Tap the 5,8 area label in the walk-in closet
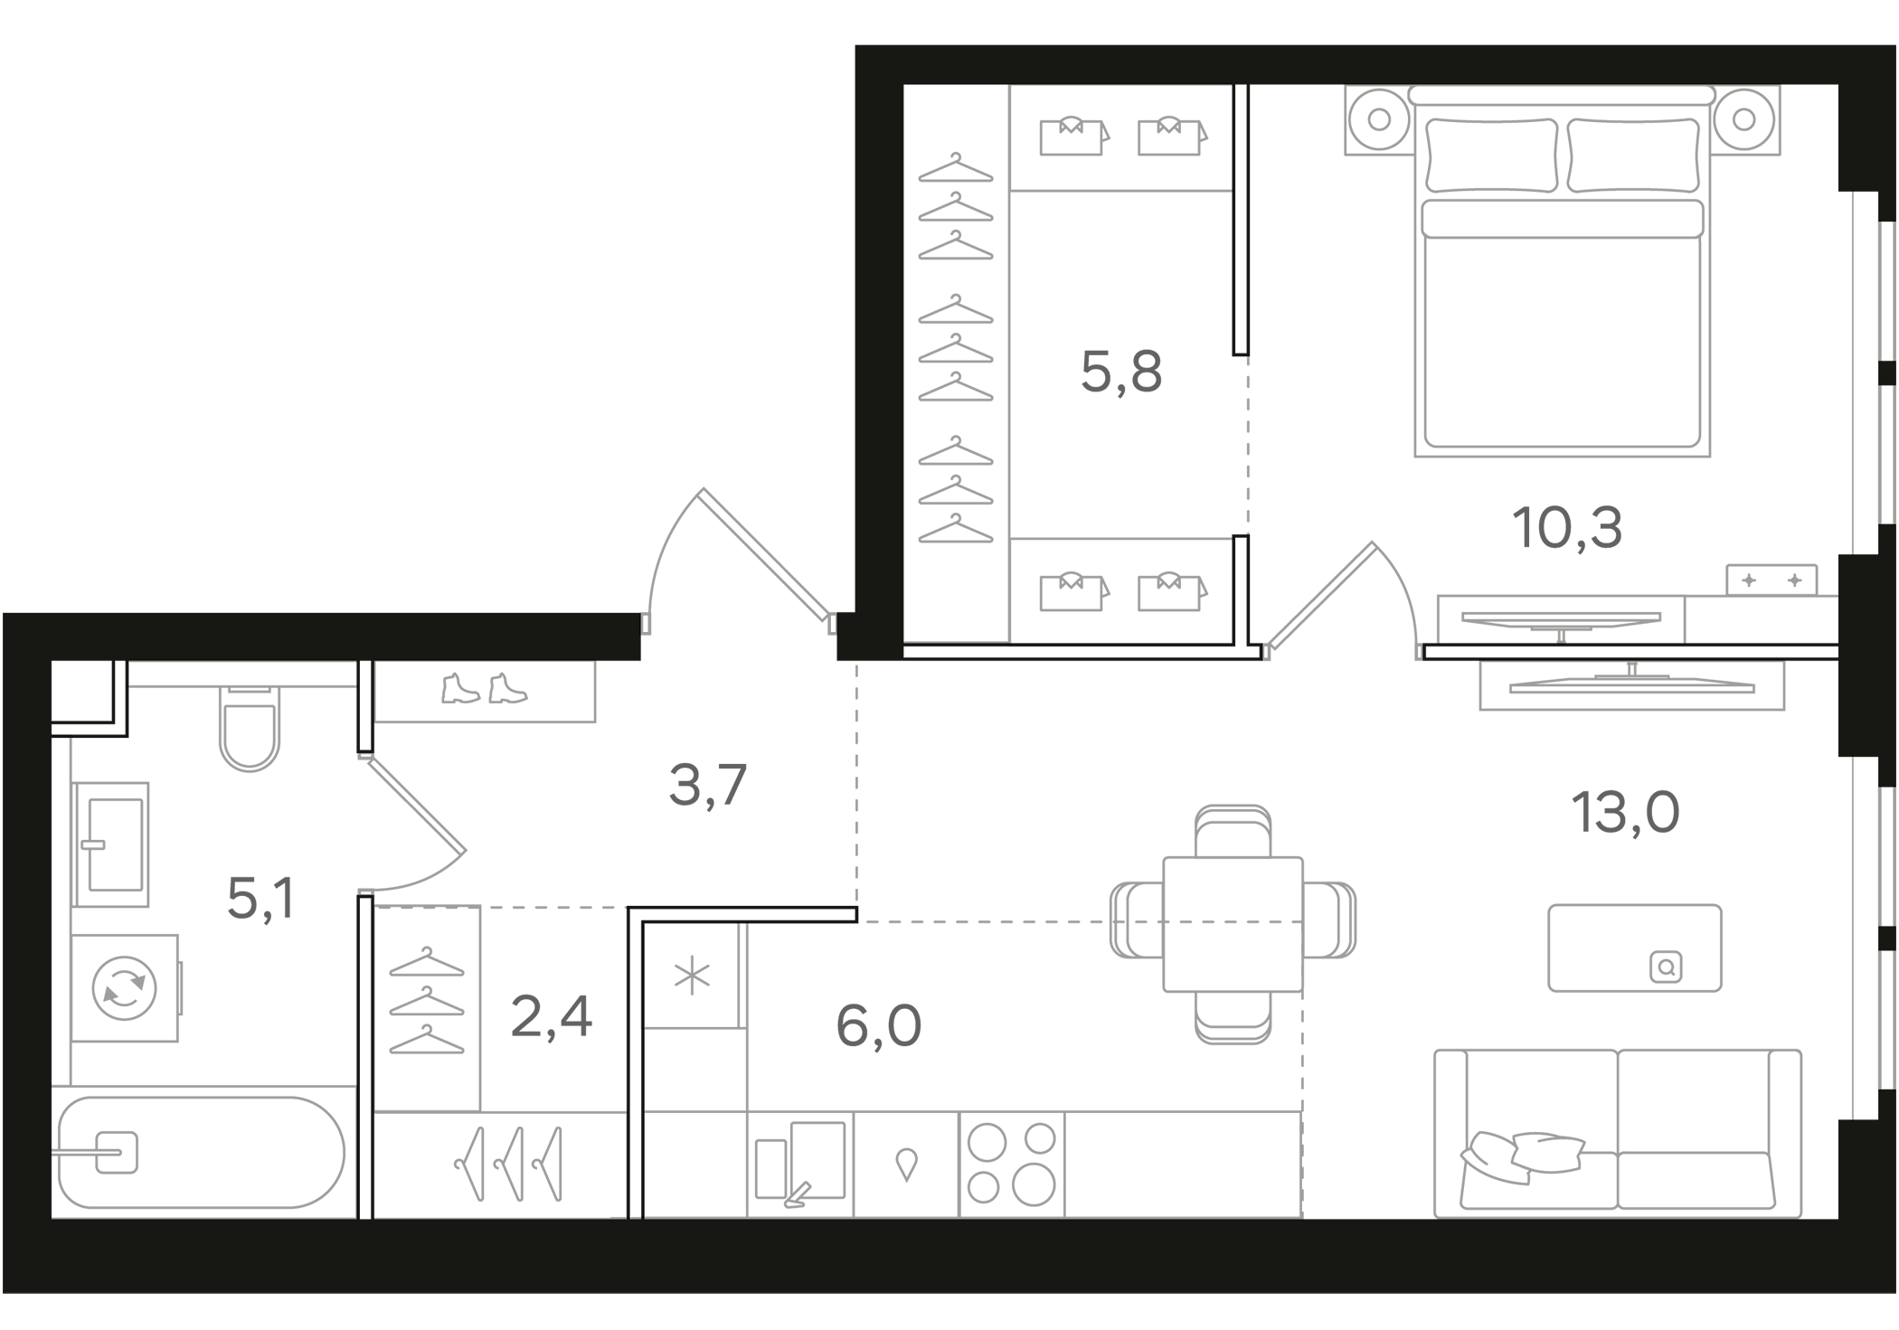tap(1121, 372)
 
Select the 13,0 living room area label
tap(1625, 812)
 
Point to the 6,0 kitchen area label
tap(878, 1026)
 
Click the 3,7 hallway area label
tap(707, 785)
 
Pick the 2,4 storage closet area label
tap(551, 1016)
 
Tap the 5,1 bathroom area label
tap(260, 899)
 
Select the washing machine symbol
tap(125, 987)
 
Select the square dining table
tap(1233, 924)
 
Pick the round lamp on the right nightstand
tap(1744, 119)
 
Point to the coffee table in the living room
tap(1634, 948)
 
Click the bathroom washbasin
tap(111, 844)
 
